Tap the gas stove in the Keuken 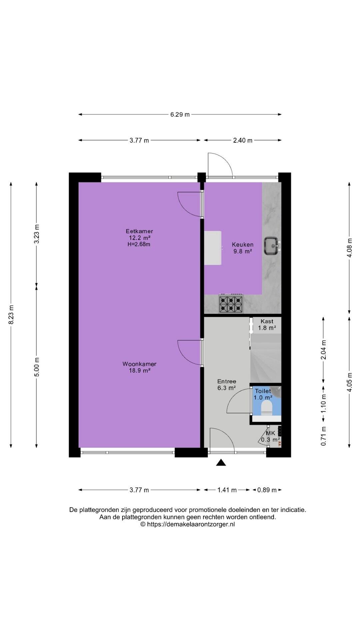coord(230,304)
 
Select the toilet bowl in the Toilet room coord(266,408)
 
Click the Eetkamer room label coord(139,231)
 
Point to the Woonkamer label coord(139,364)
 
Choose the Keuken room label coord(243,245)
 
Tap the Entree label coord(227,381)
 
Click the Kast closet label coord(267,321)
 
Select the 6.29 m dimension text coord(180,115)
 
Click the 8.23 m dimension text coord(11,315)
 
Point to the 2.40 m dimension coord(243,140)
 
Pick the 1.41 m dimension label coord(227,490)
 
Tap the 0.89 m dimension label coord(267,490)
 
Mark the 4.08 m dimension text coord(349,248)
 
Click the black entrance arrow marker coord(221,462)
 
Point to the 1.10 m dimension coord(323,403)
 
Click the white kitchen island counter coord(213,248)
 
